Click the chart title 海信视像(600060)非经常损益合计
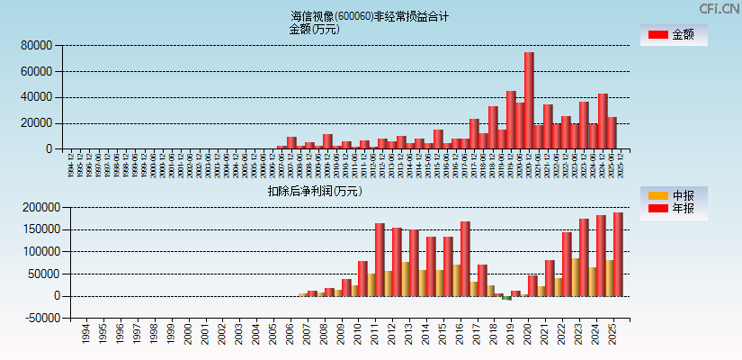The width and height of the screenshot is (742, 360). (370, 16)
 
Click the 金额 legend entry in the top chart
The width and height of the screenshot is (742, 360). (673, 35)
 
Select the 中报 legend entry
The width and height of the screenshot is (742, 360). (673, 195)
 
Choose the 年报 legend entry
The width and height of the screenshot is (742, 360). (673, 209)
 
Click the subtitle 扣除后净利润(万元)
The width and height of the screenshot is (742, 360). (314, 191)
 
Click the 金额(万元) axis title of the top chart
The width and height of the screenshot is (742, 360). (314, 29)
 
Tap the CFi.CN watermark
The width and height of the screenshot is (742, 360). (719, 9)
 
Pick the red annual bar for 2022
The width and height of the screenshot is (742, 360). (567, 264)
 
